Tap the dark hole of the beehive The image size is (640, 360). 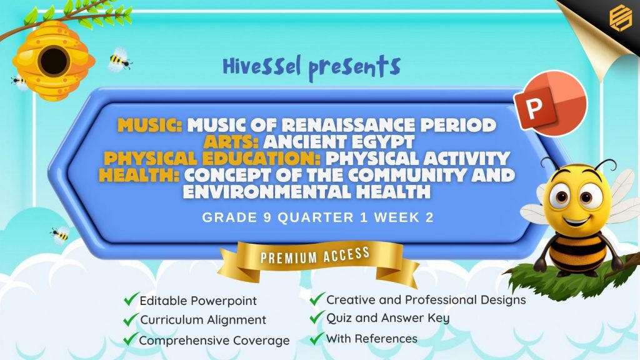[54, 61]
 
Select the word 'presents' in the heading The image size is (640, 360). [354, 67]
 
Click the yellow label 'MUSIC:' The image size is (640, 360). [150, 125]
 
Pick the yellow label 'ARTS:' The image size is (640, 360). [231, 142]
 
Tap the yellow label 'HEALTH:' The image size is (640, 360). [139, 175]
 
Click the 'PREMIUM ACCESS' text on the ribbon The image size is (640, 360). [315, 256]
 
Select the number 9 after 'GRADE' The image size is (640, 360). [267, 217]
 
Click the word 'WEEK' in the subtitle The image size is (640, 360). [397, 217]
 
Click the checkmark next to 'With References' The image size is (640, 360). [316, 338]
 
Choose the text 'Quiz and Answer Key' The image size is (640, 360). [387, 318]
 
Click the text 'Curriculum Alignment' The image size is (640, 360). [203, 319]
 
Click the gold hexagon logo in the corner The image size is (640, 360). [621, 17]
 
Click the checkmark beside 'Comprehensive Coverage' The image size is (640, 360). [131, 339]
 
